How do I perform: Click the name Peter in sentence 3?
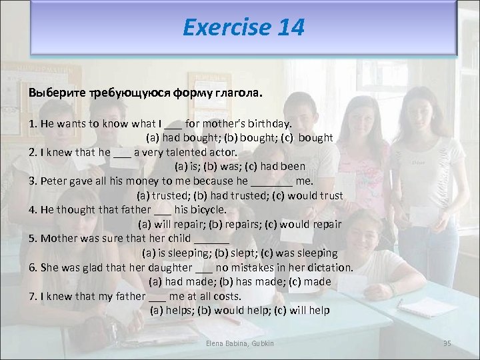click(55, 181)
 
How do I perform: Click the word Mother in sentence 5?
click(59, 238)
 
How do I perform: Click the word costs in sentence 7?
click(227, 296)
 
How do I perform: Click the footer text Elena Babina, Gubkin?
click(241, 343)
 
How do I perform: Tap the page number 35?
click(447, 343)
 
